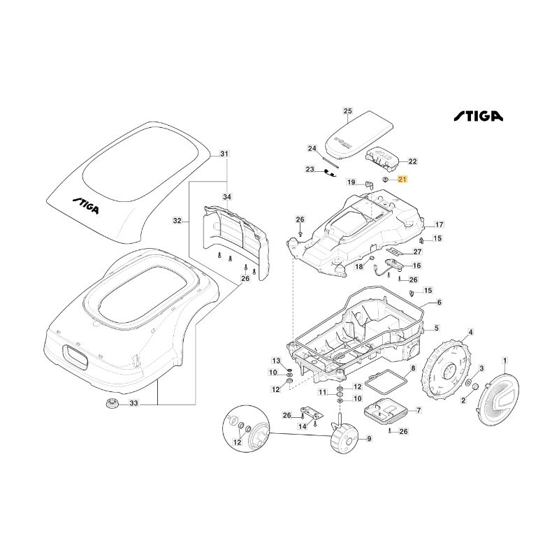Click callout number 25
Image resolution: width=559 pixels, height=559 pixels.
pyautogui.click(x=348, y=111)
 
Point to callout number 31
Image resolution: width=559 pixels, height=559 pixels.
pyautogui.click(x=224, y=154)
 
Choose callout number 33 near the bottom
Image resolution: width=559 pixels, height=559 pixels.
pyautogui.click(x=134, y=403)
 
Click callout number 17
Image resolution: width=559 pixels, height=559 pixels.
pyautogui.click(x=440, y=225)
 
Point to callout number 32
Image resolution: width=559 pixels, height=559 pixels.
pyautogui.click(x=177, y=221)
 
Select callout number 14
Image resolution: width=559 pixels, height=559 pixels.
pyautogui.click(x=303, y=426)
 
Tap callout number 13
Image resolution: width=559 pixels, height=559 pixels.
pyautogui.click(x=275, y=361)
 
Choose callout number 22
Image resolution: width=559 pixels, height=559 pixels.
pyautogui.click(x=412, y=161)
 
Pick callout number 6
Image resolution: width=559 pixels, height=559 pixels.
pyautogui.click(x=440, y=303)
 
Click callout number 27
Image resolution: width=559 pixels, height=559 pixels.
pyautogui.click(x=417, y=252)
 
